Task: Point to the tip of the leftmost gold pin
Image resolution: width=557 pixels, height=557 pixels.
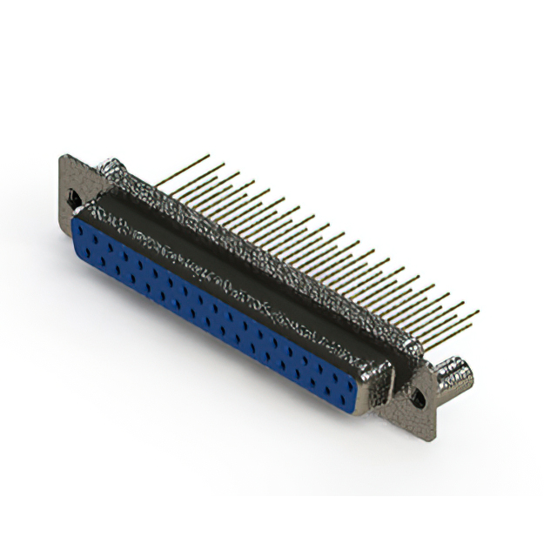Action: pyautogui.click(x=208, y=156)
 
